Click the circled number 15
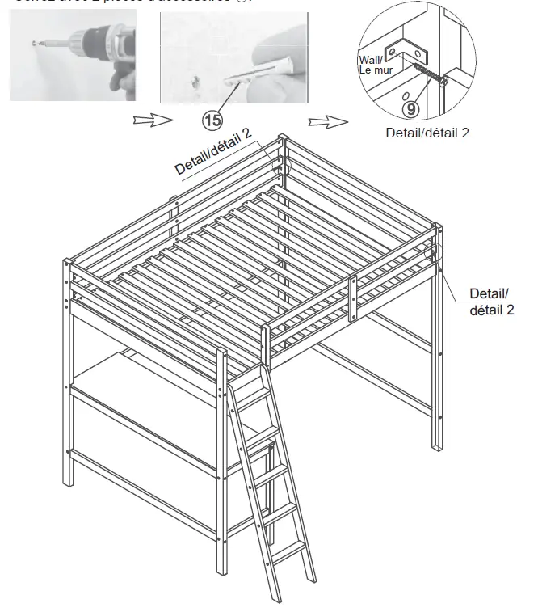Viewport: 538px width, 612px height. (x=213, y=121)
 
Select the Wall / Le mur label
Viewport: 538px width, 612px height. (x=374, y=64)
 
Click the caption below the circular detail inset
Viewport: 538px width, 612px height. (x=427, y=133)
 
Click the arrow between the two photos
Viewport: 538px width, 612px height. (x=153, y=120)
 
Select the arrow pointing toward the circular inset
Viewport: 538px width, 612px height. (x=327, y=121)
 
